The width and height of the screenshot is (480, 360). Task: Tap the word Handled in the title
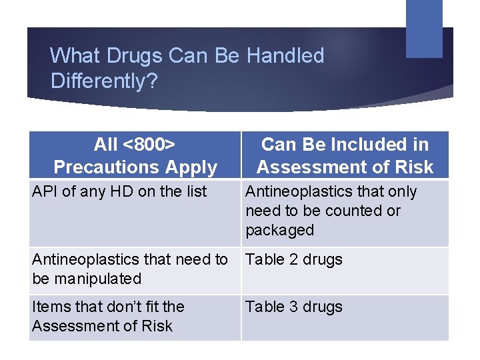pyautogui.click(x=285, y=55)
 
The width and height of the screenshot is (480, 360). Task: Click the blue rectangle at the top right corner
pyautogui.click(x=424, y=28)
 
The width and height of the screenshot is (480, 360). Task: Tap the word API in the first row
pyautogui.click(x=45, y=192)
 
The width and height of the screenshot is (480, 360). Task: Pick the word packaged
pyautogui.click(x=279, y=230)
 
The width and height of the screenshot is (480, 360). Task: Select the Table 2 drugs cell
pyautogui.click(x=294, y=260)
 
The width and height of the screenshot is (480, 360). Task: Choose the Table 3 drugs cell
pyautogui.click(x=294, y=307)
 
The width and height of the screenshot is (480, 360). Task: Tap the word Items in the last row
pyautogui.click(x=49, y=307)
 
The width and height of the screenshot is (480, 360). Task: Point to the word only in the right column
pyautogui.click(x=403, y=192)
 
